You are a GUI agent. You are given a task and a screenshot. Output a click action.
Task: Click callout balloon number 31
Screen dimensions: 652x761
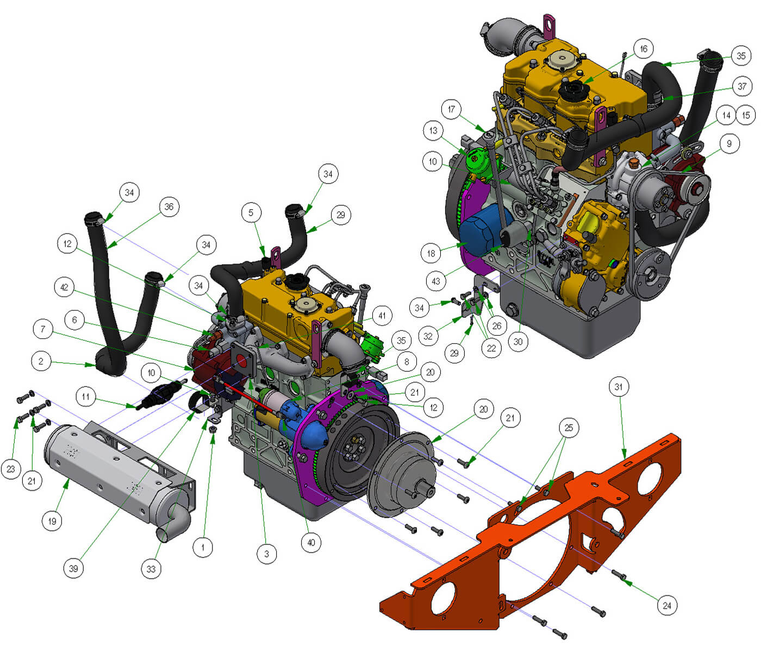point(619,387)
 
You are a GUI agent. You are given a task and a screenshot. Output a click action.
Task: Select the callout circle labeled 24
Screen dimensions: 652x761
point(667,605)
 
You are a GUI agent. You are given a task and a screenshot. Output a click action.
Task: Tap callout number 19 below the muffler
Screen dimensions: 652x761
point(52,521)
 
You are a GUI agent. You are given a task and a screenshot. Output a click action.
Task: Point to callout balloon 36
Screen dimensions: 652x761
point(169,206)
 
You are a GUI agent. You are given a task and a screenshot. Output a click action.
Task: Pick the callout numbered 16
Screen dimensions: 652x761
point(644,49)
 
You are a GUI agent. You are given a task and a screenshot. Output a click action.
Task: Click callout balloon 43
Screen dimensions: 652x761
point(436,281)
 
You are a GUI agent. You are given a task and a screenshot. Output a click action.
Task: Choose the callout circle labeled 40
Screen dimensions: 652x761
point(311,542)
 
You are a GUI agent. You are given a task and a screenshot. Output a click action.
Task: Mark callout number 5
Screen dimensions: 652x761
point(251,212)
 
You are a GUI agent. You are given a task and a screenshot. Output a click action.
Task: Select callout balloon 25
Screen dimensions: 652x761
point(569,428)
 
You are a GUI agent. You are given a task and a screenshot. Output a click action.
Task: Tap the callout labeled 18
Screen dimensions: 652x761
point(431,253)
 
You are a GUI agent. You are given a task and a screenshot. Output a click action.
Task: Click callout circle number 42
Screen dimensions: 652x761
point(65,287)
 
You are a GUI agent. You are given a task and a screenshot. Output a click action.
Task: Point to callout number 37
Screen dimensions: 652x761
point(742,86)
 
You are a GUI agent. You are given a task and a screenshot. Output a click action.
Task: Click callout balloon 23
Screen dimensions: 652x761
point(11,469)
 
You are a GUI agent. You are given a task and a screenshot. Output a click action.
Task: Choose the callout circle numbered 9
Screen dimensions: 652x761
point(729,143)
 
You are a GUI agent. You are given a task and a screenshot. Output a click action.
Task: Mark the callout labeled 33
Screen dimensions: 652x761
point(151,569)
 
